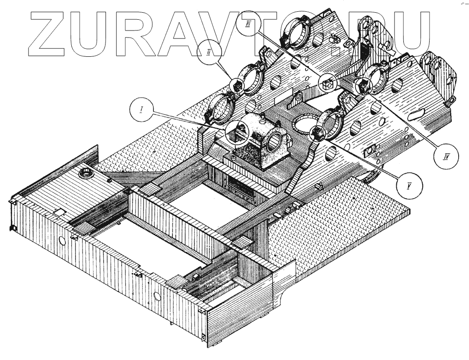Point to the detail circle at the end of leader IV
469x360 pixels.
coord(363,86)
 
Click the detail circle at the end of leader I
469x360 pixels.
coord(236,131)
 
